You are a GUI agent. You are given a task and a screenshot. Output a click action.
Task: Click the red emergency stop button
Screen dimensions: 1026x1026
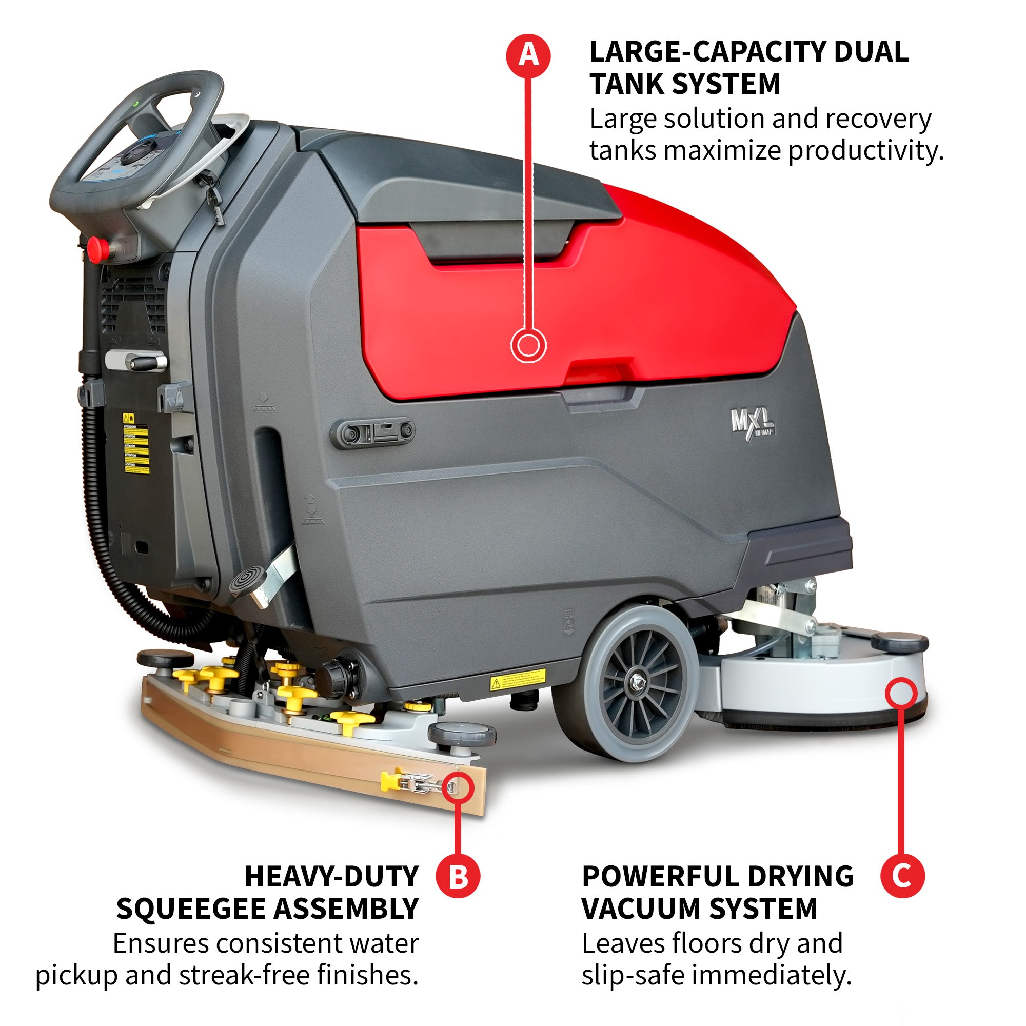pyautogui.click(x=97, y=246)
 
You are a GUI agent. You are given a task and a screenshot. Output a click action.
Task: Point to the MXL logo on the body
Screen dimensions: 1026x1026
pyautogui.click(x=752, y=423)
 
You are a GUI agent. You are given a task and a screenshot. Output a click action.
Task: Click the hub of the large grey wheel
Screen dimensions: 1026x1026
pyautogui.click(x=635, y=682)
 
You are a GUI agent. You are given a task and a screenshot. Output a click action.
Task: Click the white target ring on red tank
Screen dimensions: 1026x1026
pyautogui.click(x=528, y=346)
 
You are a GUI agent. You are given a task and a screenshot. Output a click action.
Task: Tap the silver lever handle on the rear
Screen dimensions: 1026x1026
pyautogui.click(x=137, y=361)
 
